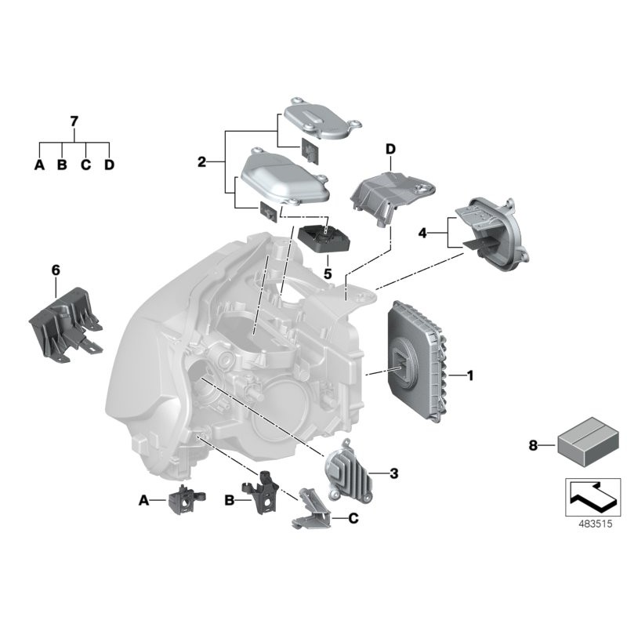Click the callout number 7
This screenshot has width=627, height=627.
click(74, 121)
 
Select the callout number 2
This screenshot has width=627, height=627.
click(202, 162)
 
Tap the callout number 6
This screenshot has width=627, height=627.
click(56, 270)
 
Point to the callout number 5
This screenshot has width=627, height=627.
click(328, 274)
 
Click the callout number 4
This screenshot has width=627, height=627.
click(422, 233)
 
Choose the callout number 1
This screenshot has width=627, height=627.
click(470, 375)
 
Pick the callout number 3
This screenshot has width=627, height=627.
click(394, 473)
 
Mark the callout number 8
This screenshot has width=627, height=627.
click(533, 445)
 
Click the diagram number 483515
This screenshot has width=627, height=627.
click(595, 524)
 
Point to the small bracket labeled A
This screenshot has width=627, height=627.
click(186, 500)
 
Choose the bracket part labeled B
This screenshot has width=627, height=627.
click(260, 492)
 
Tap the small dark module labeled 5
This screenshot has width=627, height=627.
click(324, 239)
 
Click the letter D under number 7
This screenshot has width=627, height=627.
click(109, 165)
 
